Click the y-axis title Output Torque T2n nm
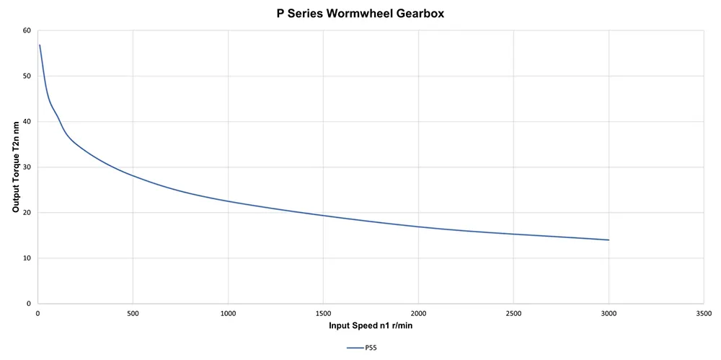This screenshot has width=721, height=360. [x=15, y=166]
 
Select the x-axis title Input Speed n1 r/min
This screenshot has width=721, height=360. [x=371, y=325]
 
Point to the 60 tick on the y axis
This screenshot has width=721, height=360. [x=26, y=30]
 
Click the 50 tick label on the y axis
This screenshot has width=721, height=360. [x=26, y=76]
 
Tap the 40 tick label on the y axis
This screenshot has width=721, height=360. [x=26, y=121]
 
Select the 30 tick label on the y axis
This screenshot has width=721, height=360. [x=26, y=167]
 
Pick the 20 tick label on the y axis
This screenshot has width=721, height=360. [x=26, y=212]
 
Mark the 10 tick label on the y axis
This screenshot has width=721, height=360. [x=26, y=258]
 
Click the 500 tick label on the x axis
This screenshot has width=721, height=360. [x=133, y=313]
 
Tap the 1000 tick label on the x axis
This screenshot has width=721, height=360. [x=228, y=313]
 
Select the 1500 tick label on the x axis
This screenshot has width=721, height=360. [x=323, y=313]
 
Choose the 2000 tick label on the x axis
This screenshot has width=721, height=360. [x=418, y=313]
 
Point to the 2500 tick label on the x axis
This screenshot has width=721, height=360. [x=513, y=313]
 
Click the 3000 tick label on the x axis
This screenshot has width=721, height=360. [x=609, y=313]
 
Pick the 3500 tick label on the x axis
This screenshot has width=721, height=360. [x=704, y=313]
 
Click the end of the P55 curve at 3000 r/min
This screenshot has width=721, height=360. [x=609, y=240]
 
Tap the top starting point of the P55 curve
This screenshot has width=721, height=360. [x=40, y=45]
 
